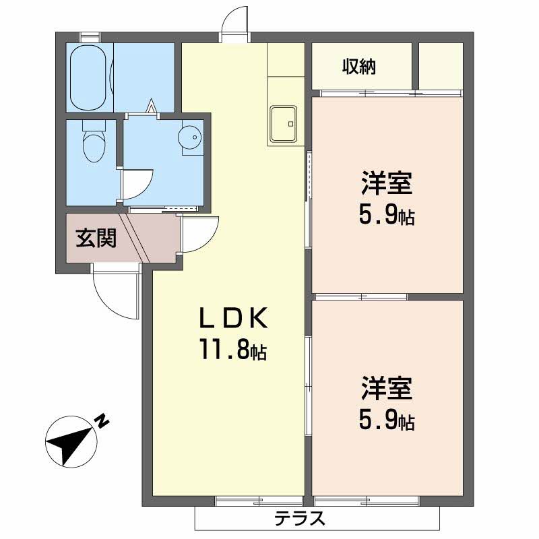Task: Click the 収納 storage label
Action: pyautogui.click(x=358, y=67)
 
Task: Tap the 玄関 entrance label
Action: pyautogui.click(x=96, y=238)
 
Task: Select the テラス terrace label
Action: pyautogui.click(x=300, y=519)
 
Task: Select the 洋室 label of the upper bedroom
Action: pyautogui.click(x=386, y=183)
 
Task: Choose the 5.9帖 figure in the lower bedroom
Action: pyautogui.click(x=386, y=421)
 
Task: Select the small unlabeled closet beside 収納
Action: pyautogui.click(x=441, y=66)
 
